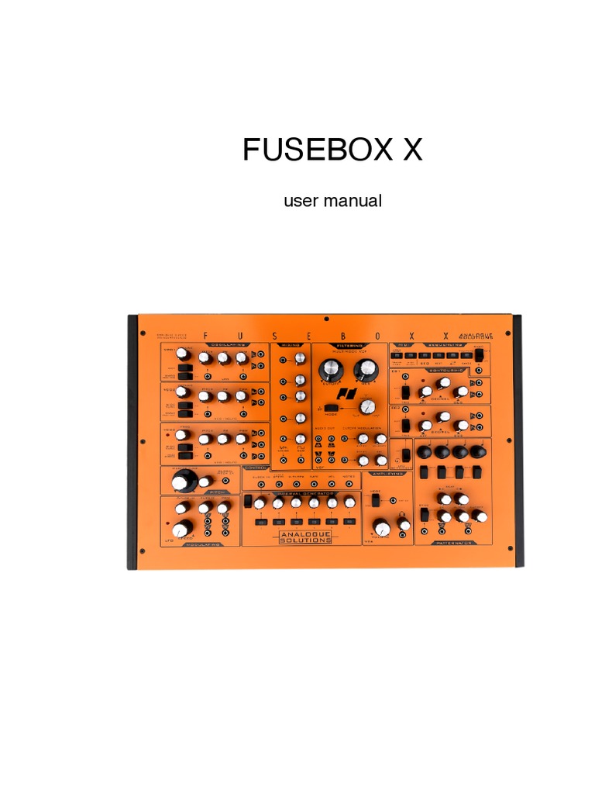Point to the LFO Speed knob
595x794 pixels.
tap(182, 530)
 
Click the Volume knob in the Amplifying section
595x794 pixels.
tap(381, 528)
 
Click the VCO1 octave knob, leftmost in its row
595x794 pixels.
tap(183, 354)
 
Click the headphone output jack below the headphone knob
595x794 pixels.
tap(404, 537)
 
